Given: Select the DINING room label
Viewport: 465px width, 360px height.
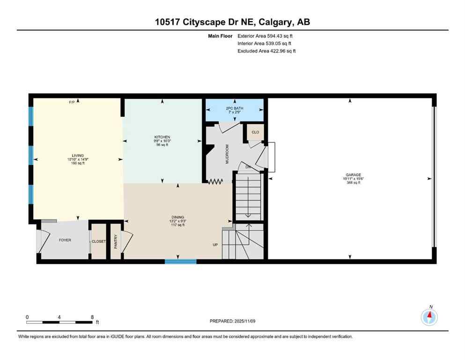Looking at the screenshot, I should [177, 217].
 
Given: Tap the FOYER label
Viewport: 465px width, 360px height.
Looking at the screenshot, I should [65, 240].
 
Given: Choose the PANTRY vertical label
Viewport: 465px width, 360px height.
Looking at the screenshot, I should [116, 241].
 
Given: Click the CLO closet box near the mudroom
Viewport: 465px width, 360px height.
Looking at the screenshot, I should [255, 132].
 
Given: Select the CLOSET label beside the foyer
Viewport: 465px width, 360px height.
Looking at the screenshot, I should [99, 241].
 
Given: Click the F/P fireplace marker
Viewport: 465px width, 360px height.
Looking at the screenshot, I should [72, 102].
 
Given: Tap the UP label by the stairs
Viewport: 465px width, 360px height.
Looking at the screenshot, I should [215, 245].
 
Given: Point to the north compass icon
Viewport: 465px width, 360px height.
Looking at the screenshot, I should [429, 317].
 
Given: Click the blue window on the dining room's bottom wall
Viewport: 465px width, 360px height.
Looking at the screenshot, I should [180, 262].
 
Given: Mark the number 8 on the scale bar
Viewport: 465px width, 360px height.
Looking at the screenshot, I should [92, 317].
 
